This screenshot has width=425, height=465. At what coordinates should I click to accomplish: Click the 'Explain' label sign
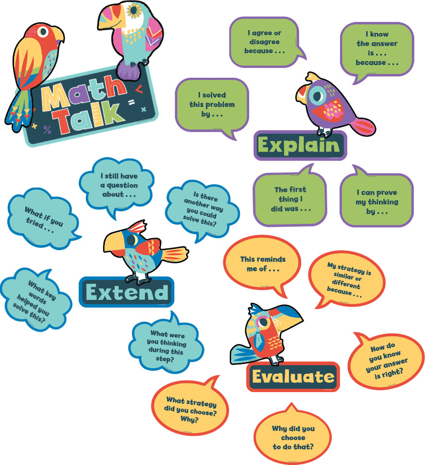coord(299,145)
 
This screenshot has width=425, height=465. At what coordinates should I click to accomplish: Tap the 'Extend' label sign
coord(126,292)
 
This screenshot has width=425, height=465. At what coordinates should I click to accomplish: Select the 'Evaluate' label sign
coord(293,377)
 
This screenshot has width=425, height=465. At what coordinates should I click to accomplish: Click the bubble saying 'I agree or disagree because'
coord(264,42)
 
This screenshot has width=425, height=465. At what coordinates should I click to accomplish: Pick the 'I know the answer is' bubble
coord(377,49)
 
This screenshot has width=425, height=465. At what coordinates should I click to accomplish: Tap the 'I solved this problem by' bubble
coord(212,104)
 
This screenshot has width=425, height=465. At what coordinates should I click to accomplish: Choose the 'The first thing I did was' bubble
coord(290,199)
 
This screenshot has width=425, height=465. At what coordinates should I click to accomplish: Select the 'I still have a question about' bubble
coord(119,185)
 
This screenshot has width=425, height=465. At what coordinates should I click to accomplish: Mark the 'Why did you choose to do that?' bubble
coord(292,437)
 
